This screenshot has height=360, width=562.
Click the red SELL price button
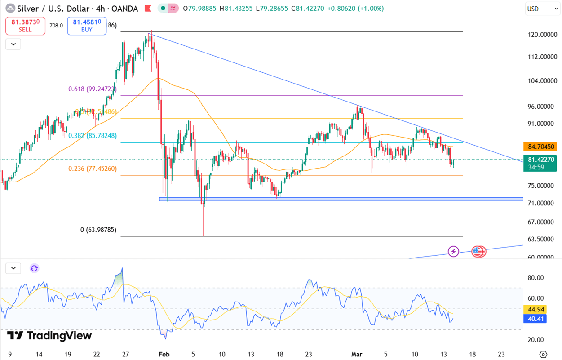[x=25, y=26]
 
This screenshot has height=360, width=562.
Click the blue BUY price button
[x=87, y=26]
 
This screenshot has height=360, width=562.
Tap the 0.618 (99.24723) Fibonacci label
[x=93, y=89]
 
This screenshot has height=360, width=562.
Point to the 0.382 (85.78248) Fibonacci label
[x=93, y=135]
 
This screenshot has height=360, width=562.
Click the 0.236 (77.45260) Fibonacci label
[x=93, y=169]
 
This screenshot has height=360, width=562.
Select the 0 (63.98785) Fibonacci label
[x=98, y=230]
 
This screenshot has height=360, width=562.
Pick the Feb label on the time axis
[x=164, y=354]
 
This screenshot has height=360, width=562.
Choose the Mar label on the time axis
[x=357, y=354]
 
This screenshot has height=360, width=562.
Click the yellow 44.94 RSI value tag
[x=534, y=309]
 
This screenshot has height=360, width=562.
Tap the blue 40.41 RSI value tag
[x=534, y=319]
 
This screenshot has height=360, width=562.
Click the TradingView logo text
[x=49, y=335]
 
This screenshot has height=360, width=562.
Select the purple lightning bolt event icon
[x=453, y=251]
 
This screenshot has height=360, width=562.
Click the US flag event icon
[x=478, y=251]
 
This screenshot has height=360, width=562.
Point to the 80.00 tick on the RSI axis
[x=535, y=278]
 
